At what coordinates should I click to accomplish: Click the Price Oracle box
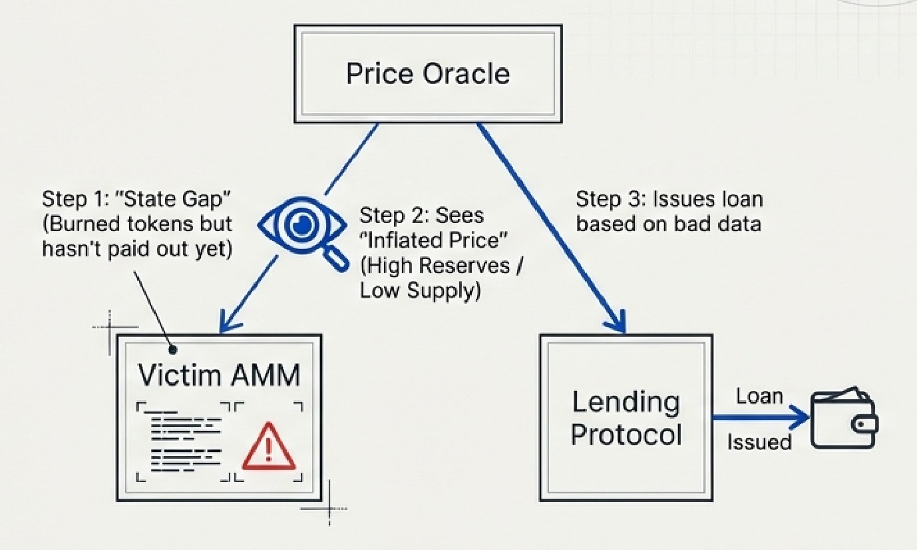pos(428,73)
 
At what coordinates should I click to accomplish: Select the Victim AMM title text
pos(219,375)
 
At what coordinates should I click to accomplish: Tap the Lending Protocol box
pos(626,418)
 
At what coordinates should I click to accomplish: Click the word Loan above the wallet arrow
pos(759,396)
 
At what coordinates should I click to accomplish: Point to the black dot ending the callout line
pos(173,349)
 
